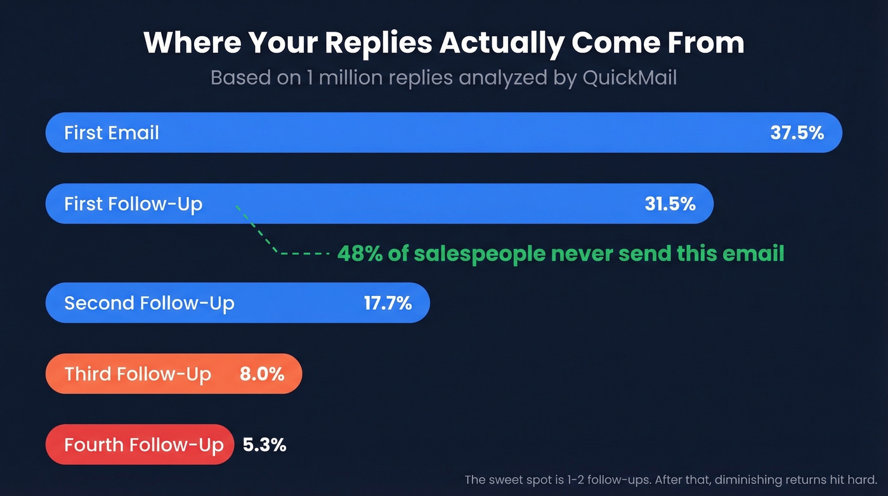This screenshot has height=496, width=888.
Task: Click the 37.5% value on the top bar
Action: pyautogui.click(x=797, y=133)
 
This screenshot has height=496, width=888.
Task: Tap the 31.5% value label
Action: pyautogui.click(x=669, y=204)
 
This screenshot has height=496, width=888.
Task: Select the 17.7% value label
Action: pyautogui.click(x=388, y=303)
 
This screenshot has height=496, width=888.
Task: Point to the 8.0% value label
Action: pyautogui.click(x=261, y=374)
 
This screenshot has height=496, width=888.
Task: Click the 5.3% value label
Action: pyautogui.click(x=264, y=445)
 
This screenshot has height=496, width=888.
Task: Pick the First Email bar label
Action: pyautogui.click(x=112, y=133)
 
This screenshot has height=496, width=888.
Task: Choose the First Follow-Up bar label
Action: pyautogui.click(x=133, y=204)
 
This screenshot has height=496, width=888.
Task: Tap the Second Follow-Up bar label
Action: pyautogui.click(x=149, y=303)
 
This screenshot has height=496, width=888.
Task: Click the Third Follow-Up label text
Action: pyautogui.click(x=138, y=374)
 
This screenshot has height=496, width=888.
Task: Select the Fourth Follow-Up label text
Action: pyautogui.click(x=144, y=445)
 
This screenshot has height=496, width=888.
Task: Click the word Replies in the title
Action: pyautogui.click(x=380, y=43)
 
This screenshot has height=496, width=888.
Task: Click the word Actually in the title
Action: pyautogui.click(x=504, y=43)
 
